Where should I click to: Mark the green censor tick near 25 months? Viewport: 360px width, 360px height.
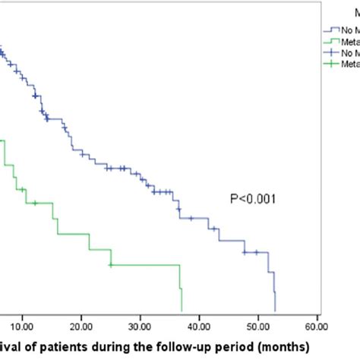pyautogui.click(x=111, y=265)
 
